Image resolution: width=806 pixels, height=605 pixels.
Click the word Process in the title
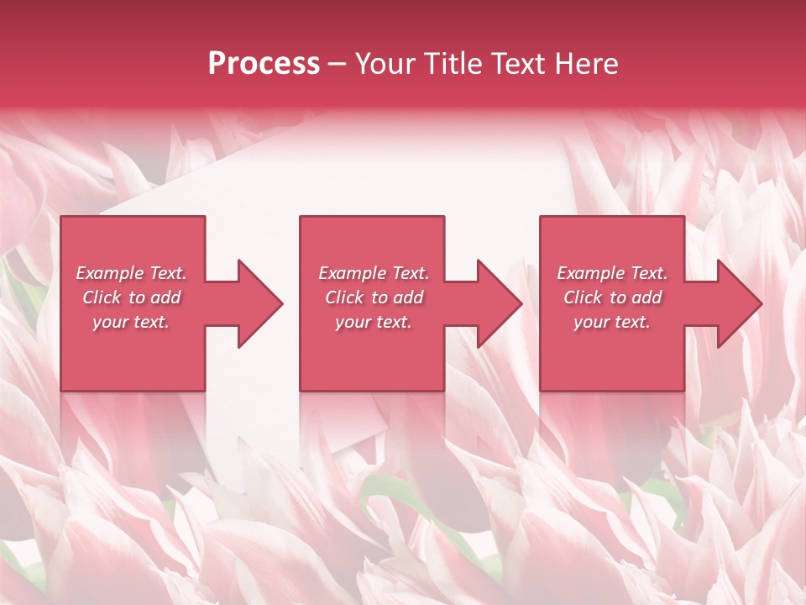[264, 64]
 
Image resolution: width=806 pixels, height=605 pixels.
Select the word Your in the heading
[386, 64]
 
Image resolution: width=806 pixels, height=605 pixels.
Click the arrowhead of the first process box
[260, 303]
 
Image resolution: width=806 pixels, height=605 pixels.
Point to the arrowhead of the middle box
[500, 303]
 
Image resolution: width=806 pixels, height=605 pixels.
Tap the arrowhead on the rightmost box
[739, 303]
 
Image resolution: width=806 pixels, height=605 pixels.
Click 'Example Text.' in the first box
[131, 273]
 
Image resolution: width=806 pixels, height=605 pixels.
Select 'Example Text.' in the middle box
[374, 273]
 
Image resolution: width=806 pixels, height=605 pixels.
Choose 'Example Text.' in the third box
[612, 273]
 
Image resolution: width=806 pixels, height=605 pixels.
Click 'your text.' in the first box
[131, 322]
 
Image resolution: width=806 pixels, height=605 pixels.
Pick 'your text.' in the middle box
[374, 322]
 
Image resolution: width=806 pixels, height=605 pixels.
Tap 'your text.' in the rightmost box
[612, 322]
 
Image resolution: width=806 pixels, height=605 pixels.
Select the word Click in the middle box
[344, 297]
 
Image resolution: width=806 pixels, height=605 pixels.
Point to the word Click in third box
[583, 297]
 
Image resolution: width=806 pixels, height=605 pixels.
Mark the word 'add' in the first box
[166, 297]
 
